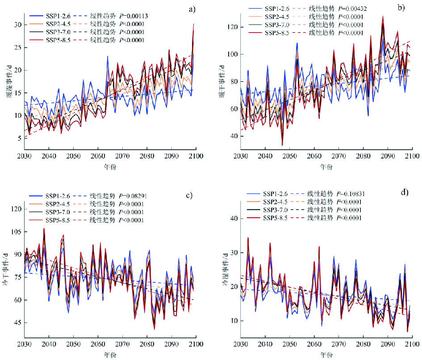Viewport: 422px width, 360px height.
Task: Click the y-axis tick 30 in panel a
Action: pos(18,25)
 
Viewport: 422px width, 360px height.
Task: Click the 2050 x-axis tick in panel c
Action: pos(73,345)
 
